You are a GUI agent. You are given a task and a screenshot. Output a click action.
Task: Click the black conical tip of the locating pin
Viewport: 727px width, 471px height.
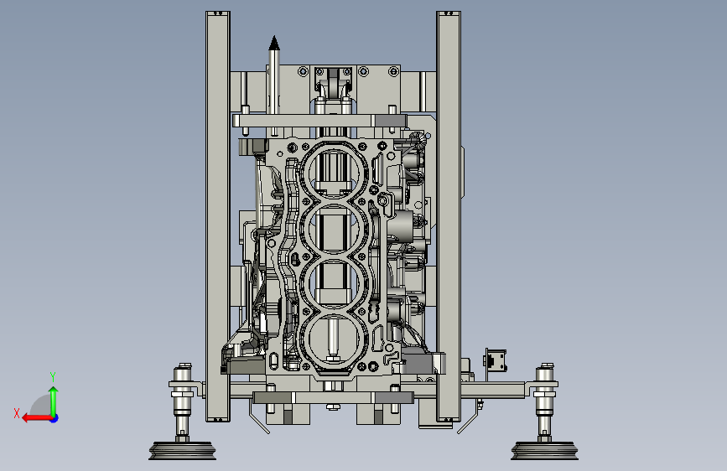[274, 43]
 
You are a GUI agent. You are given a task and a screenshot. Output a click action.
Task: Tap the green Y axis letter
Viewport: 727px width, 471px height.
[53, 376]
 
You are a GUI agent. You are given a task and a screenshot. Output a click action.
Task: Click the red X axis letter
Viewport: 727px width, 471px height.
[17, 413]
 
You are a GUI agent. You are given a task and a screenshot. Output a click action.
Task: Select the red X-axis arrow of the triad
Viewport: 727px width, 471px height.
[37, 418]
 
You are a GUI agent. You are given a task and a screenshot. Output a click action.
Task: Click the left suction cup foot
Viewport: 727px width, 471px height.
[182, 451]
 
